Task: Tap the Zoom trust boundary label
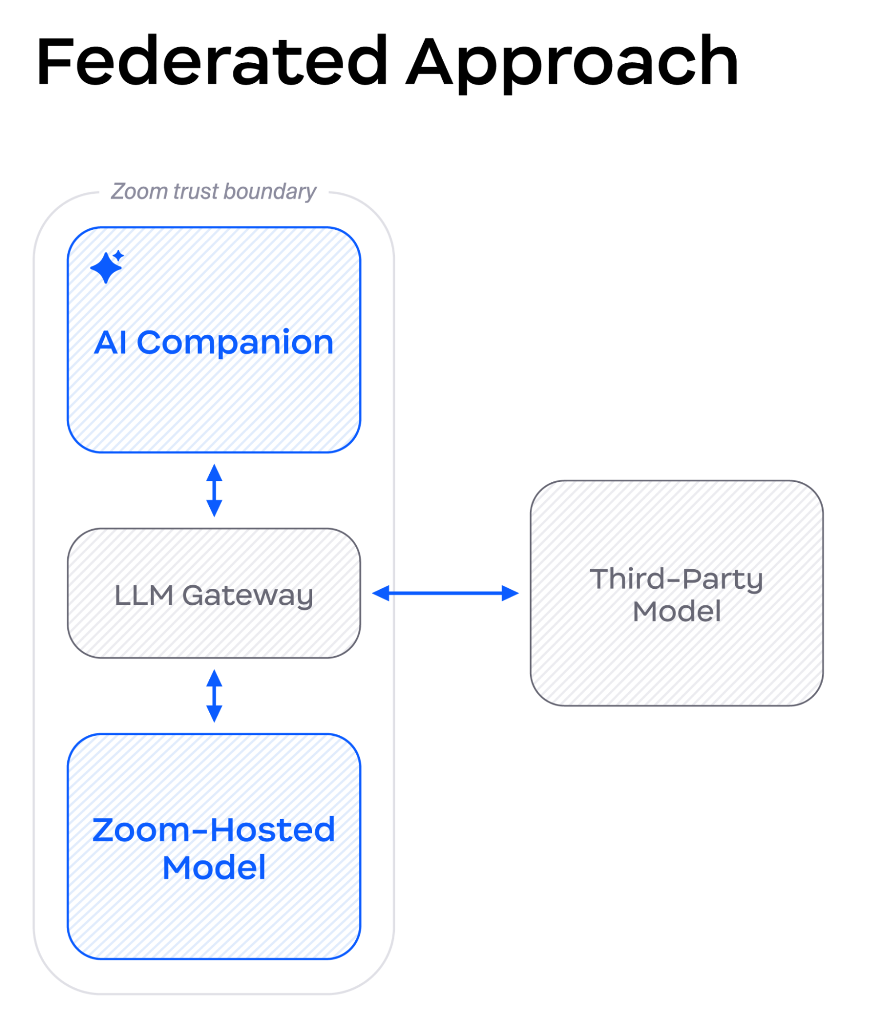[213, 192]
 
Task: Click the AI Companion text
[214, 342]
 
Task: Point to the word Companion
[235, 344]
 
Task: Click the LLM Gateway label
[214, 596]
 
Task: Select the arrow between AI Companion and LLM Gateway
[214, 490]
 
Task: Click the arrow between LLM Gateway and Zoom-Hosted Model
[214, 696]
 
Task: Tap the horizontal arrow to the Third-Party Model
[445, 593]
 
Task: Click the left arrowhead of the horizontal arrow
[381, 593]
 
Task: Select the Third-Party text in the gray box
[676, 579]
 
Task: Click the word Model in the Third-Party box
[676, 611]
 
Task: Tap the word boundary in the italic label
[270, 192]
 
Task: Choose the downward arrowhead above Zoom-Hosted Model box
[214, 714]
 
